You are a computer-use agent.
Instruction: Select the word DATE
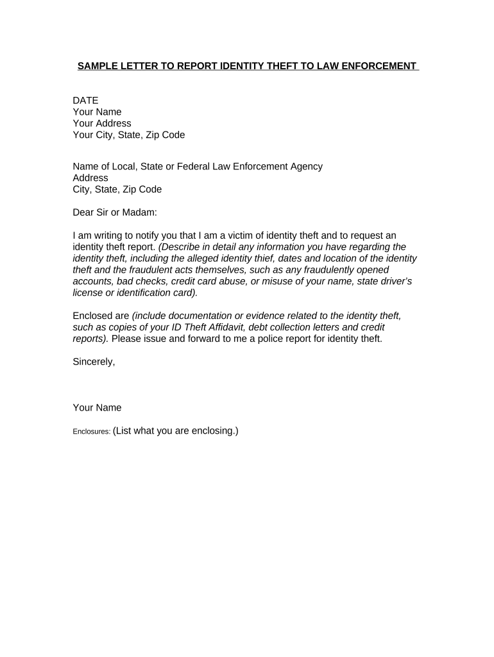[85, 100]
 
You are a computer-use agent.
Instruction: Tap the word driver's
[396, 282]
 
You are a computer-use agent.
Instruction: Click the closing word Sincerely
[94, 362]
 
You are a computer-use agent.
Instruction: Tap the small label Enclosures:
[91, 432]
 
